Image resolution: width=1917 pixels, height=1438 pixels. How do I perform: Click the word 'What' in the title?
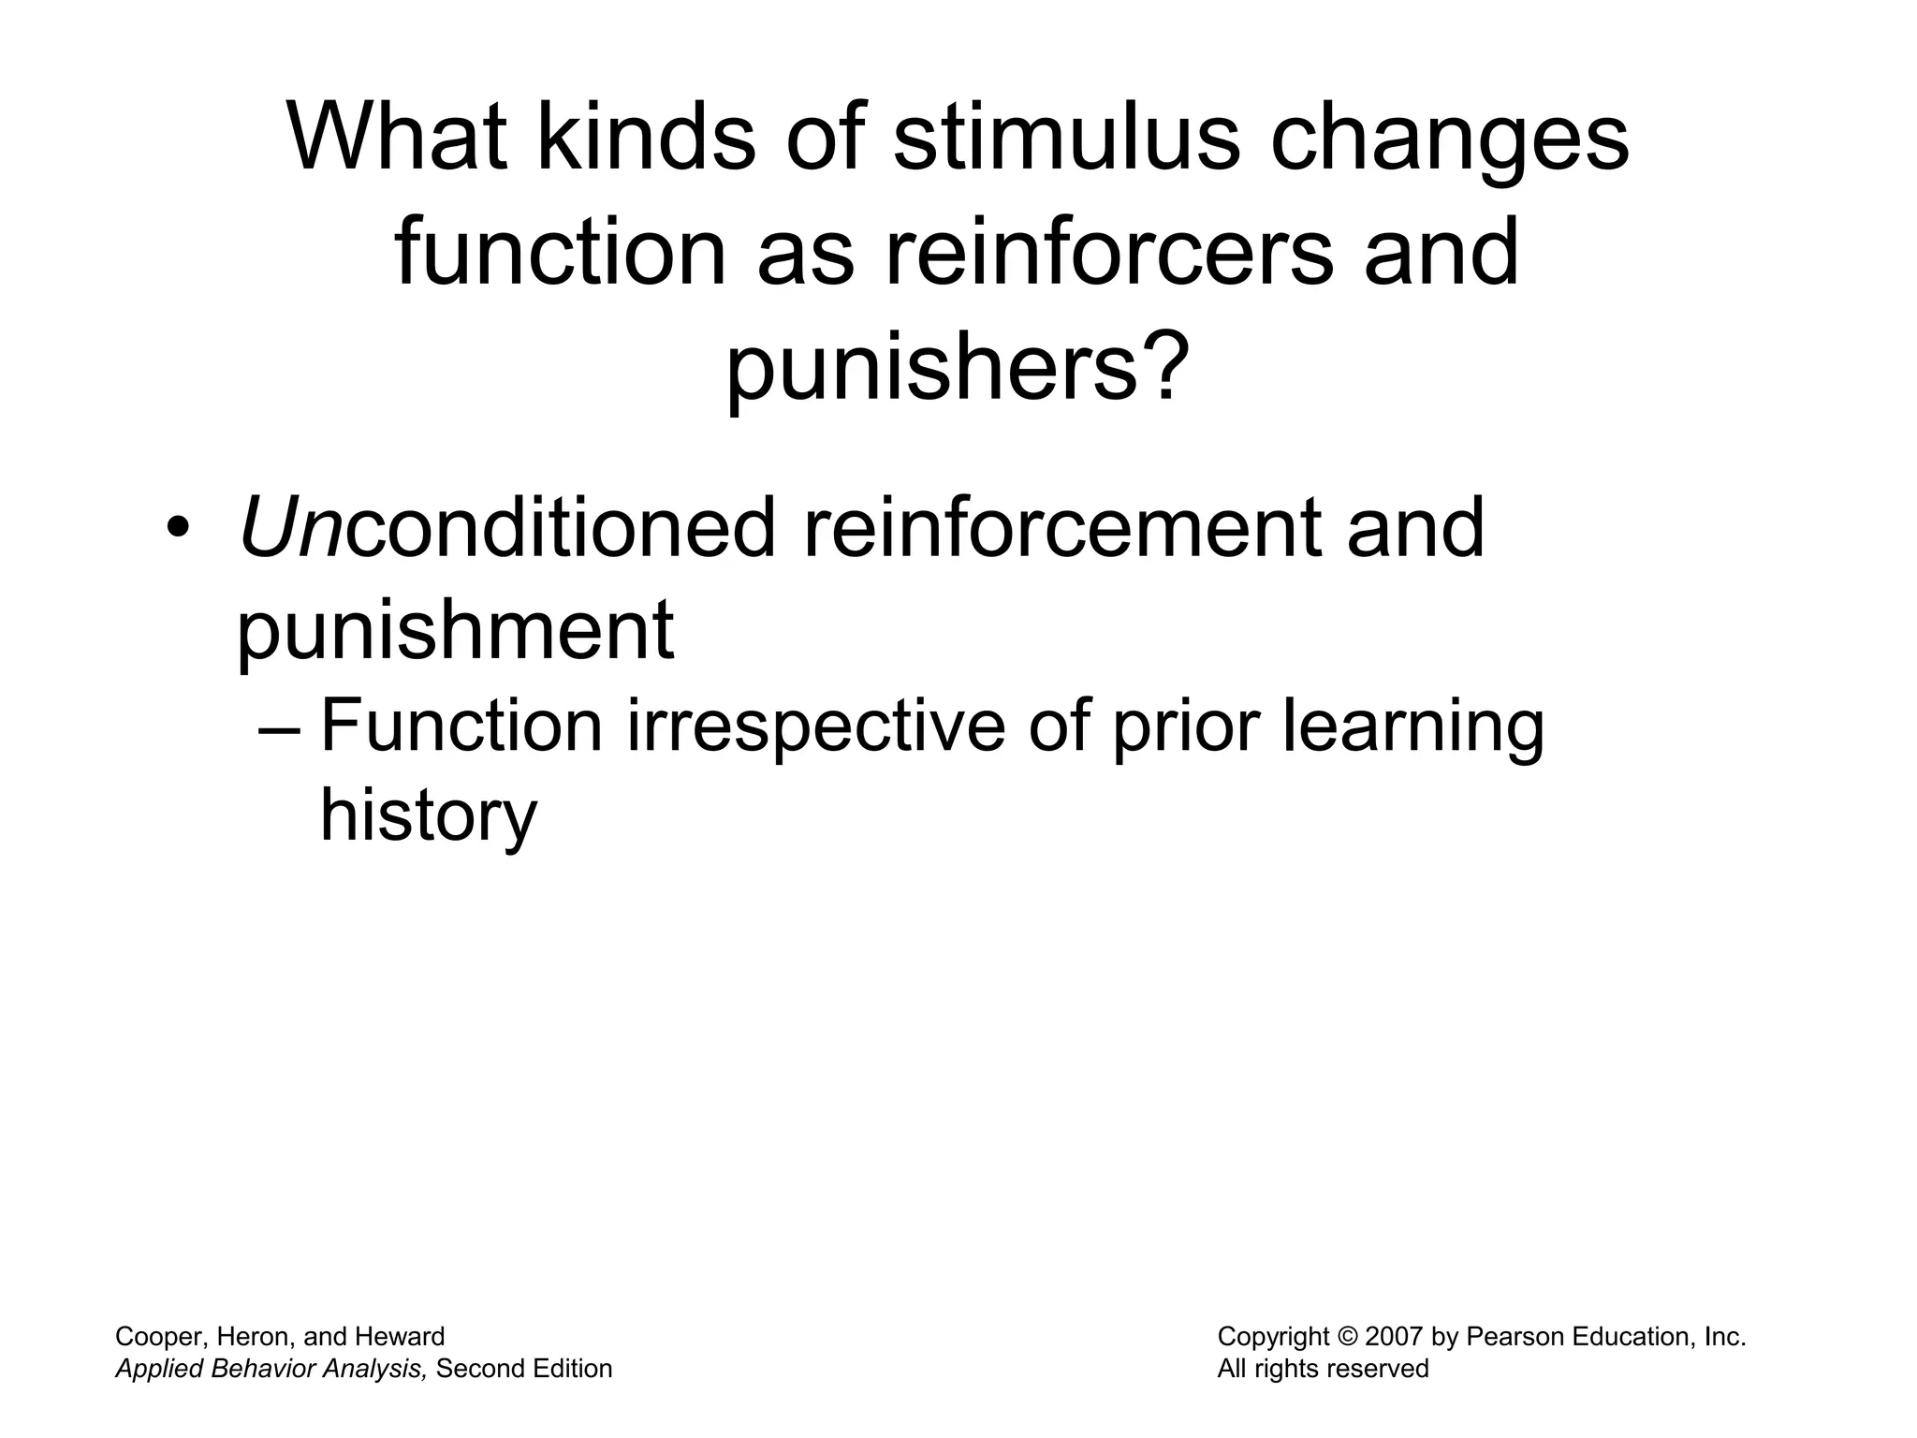tap(397, 138)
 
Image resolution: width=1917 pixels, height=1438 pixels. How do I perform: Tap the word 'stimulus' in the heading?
tap(1065, 138)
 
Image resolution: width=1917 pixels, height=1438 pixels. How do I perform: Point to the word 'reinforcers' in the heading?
tap(1107, 252)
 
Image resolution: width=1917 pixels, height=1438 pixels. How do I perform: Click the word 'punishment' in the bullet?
tap(455, 629)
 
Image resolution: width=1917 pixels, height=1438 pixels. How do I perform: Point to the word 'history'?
tap(429, 816)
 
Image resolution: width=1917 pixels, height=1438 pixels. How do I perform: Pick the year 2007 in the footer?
tap(1395, 1337)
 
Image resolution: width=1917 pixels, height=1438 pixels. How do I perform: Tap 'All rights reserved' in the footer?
tap(1323, 1369)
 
